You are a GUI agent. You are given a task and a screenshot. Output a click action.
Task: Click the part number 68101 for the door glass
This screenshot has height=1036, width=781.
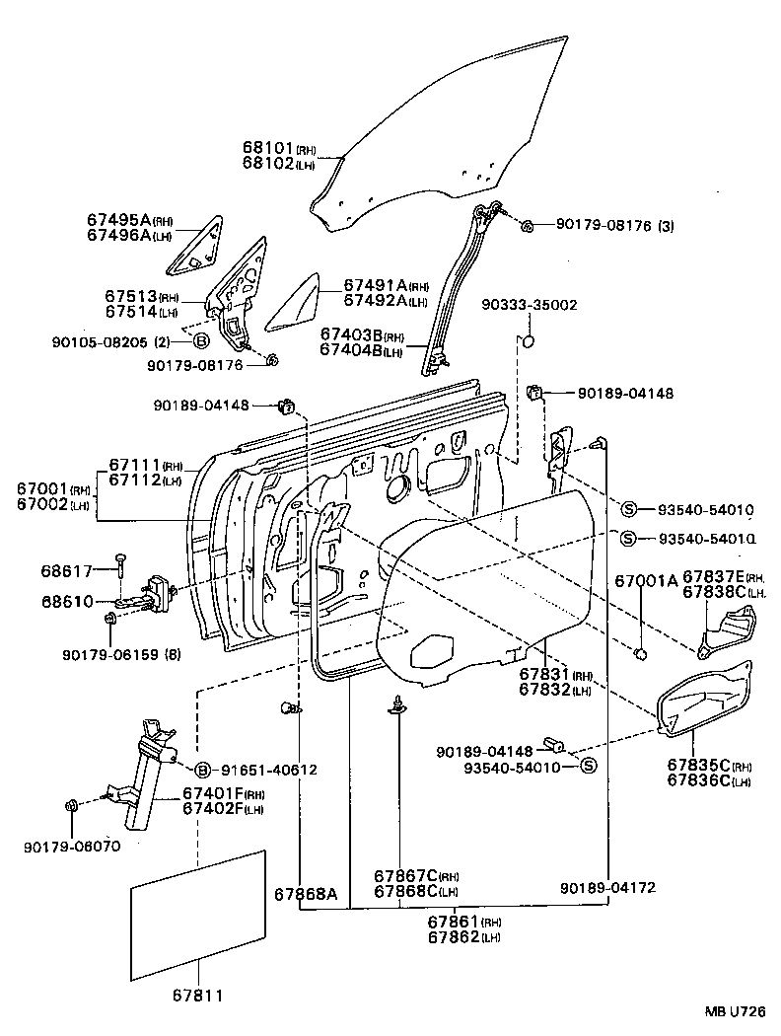tap(268, 147)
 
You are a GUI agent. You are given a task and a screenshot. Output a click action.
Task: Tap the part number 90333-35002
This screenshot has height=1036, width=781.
tap(529, 306)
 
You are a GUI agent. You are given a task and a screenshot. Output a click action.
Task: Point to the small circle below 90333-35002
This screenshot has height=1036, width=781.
tap(527, 343)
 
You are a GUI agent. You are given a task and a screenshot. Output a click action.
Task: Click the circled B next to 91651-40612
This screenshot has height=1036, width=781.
tap(202, 770)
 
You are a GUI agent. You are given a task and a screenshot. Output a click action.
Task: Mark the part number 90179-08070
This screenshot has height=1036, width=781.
tap(67, 846)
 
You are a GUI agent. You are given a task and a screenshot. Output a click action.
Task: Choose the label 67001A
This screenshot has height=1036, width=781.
tap(646, 581)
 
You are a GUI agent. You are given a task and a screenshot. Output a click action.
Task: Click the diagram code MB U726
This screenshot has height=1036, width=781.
tap(735, 1011)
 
